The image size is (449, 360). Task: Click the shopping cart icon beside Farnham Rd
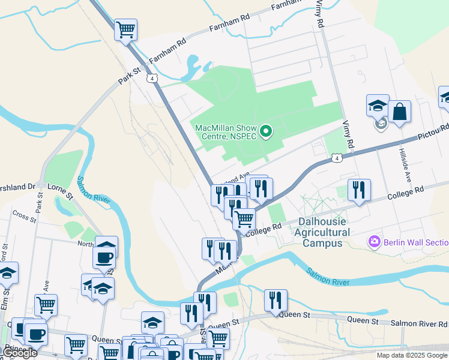point(125,29)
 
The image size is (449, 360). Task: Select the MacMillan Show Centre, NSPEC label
point(226,132)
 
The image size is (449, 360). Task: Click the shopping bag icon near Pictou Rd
point(399,111)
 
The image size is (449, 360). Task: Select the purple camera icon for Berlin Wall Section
point(375,242)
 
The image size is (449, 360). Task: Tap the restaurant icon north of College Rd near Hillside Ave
point(359,190)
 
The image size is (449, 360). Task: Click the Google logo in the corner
point(20,353)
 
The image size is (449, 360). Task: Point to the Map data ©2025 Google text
point(412,355)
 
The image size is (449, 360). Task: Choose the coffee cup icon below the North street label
point(104,259)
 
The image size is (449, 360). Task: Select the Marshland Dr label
point(18,186)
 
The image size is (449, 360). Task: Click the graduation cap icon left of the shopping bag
point(378,106)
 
